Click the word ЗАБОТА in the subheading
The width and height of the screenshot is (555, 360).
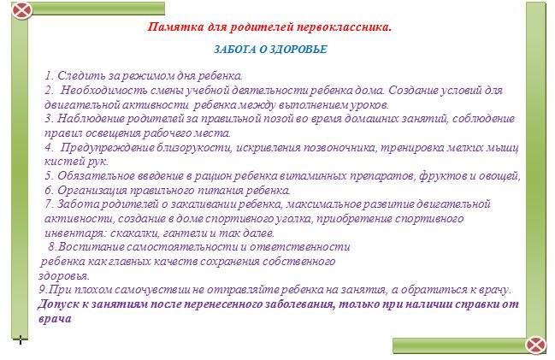(234, 50)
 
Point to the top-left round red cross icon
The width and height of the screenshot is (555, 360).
(22, 10)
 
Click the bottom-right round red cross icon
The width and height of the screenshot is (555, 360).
(535, 345)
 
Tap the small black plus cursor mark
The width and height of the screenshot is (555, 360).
(21, 339)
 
